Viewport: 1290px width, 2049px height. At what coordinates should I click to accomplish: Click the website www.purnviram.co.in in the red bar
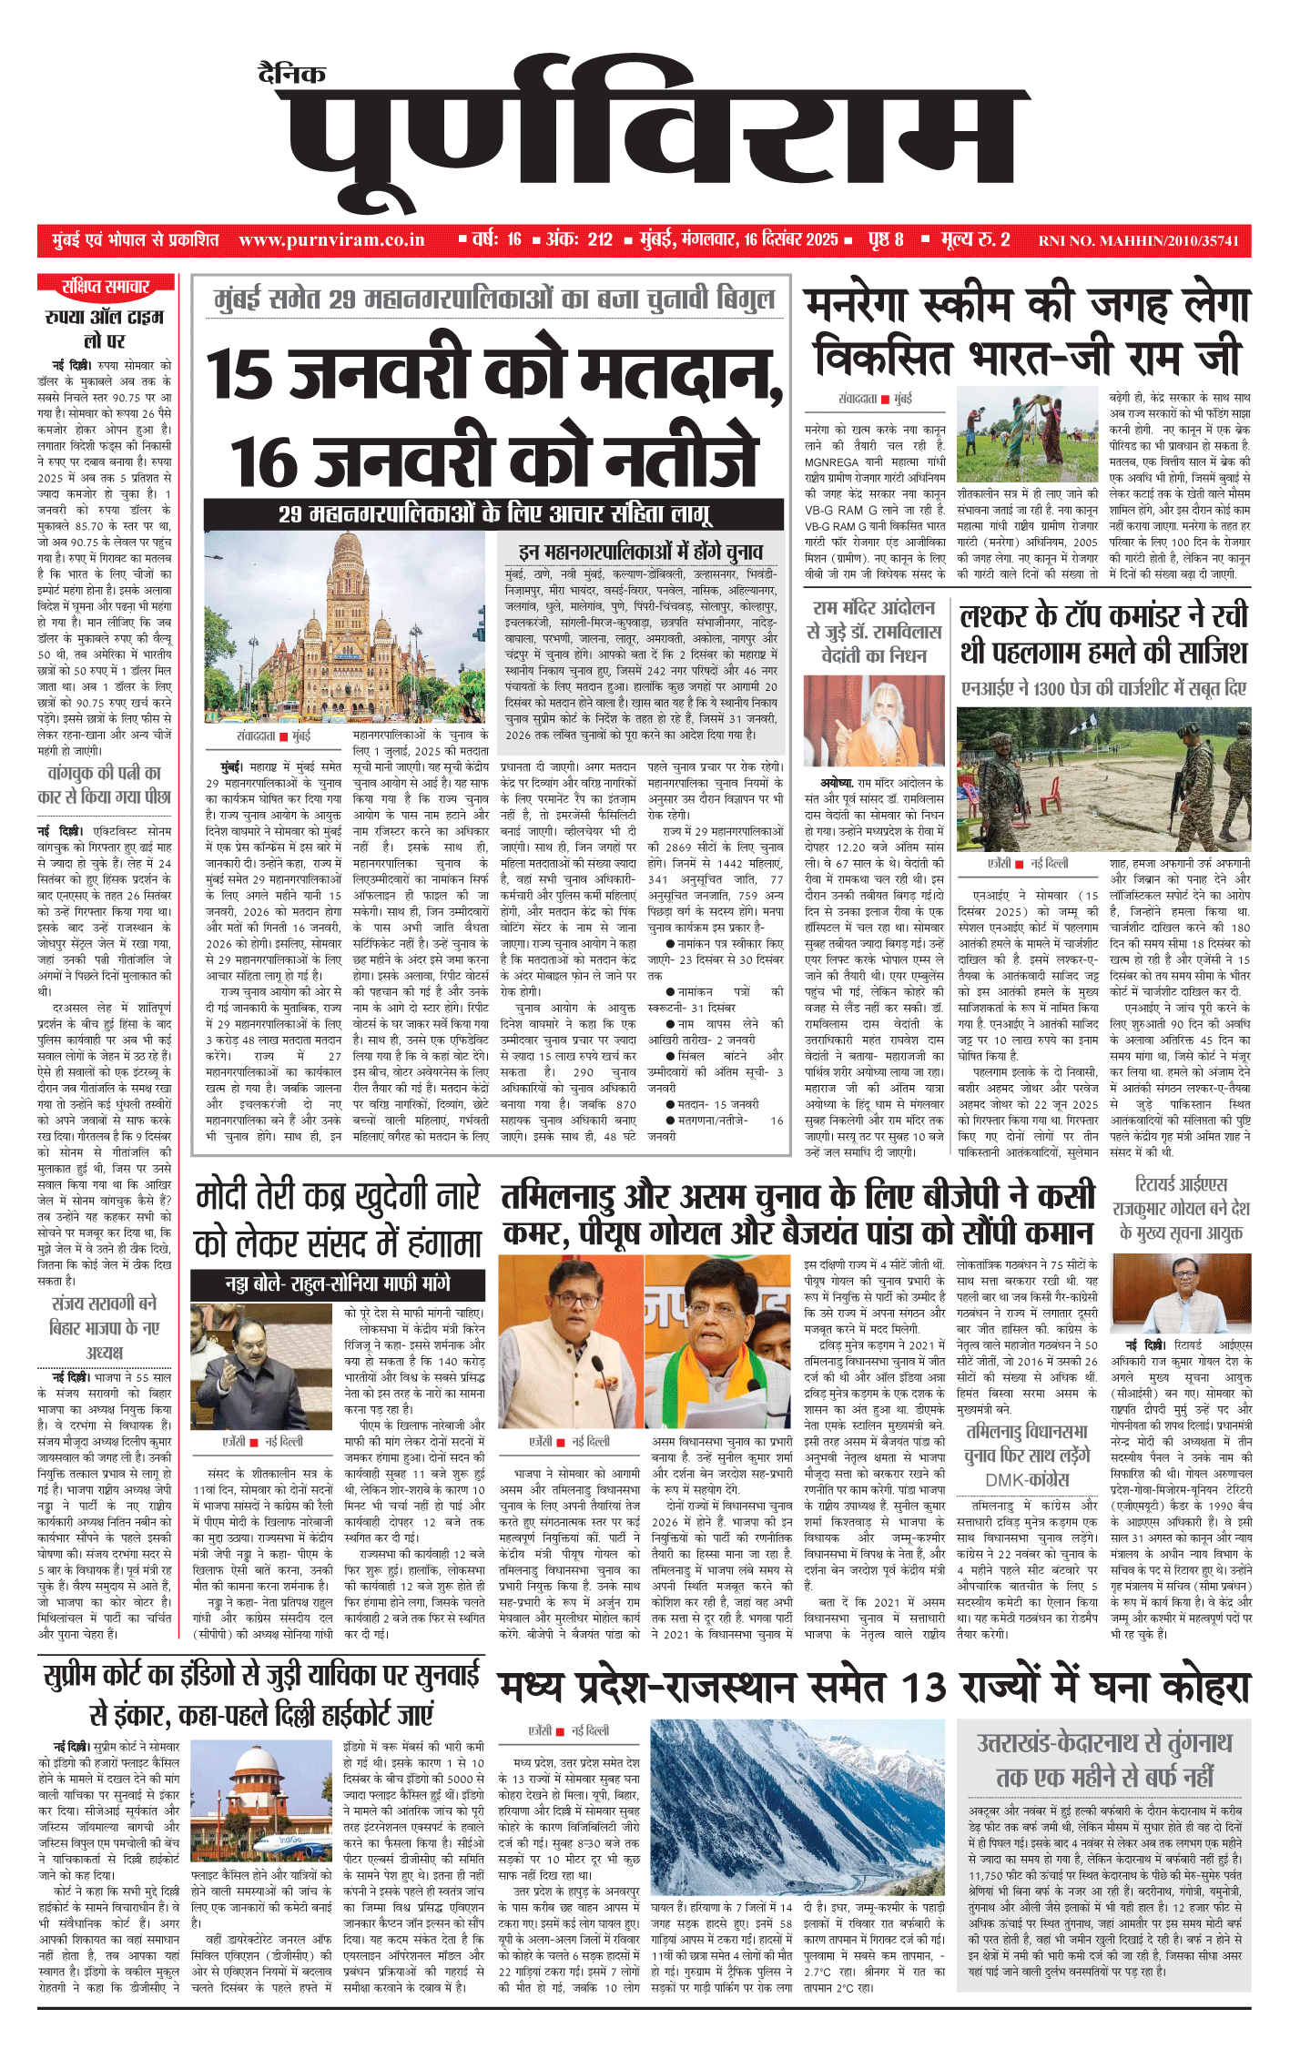(x=331, y=240)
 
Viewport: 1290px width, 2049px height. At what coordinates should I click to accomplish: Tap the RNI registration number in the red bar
(x=1138, y=241)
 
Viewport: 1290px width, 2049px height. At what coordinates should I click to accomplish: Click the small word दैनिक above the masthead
(x=291, y=74)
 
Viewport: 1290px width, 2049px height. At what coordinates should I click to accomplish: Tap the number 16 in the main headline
(x=263, y=463)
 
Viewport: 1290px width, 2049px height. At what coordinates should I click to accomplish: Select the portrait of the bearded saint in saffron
(x=874, y=722)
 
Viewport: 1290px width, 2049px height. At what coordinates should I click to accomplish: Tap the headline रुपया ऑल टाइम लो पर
(x=105, y=328)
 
